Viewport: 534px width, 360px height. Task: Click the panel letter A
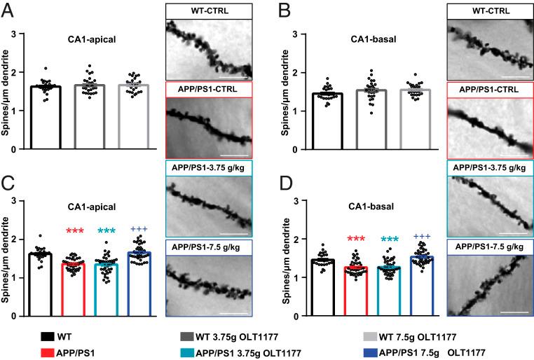coord(9,12)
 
